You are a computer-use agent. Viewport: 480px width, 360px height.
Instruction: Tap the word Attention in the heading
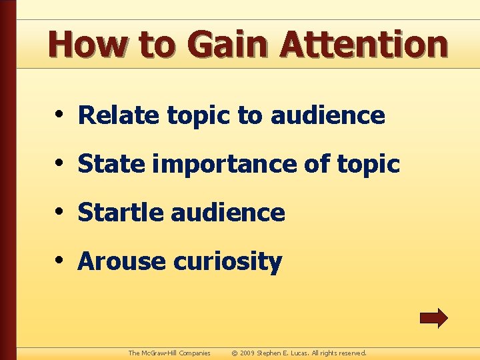pos(363,45)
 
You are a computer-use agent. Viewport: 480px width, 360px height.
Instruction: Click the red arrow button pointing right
pos(433,318)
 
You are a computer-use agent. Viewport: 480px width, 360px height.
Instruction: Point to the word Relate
pos(119,115)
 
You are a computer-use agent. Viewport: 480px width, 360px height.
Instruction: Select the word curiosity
pos(227,262)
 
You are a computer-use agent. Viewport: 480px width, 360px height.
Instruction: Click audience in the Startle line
pos(228,213)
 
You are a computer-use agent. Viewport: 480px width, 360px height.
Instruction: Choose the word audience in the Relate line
pos(327,115)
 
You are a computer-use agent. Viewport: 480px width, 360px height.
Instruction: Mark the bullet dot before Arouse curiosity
pos(60,260)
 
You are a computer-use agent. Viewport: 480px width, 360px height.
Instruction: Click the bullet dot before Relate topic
pos(60,114)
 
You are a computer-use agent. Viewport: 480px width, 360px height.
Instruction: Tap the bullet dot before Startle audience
pos(60,211)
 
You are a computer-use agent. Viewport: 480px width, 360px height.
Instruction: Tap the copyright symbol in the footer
pos(234,353)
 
